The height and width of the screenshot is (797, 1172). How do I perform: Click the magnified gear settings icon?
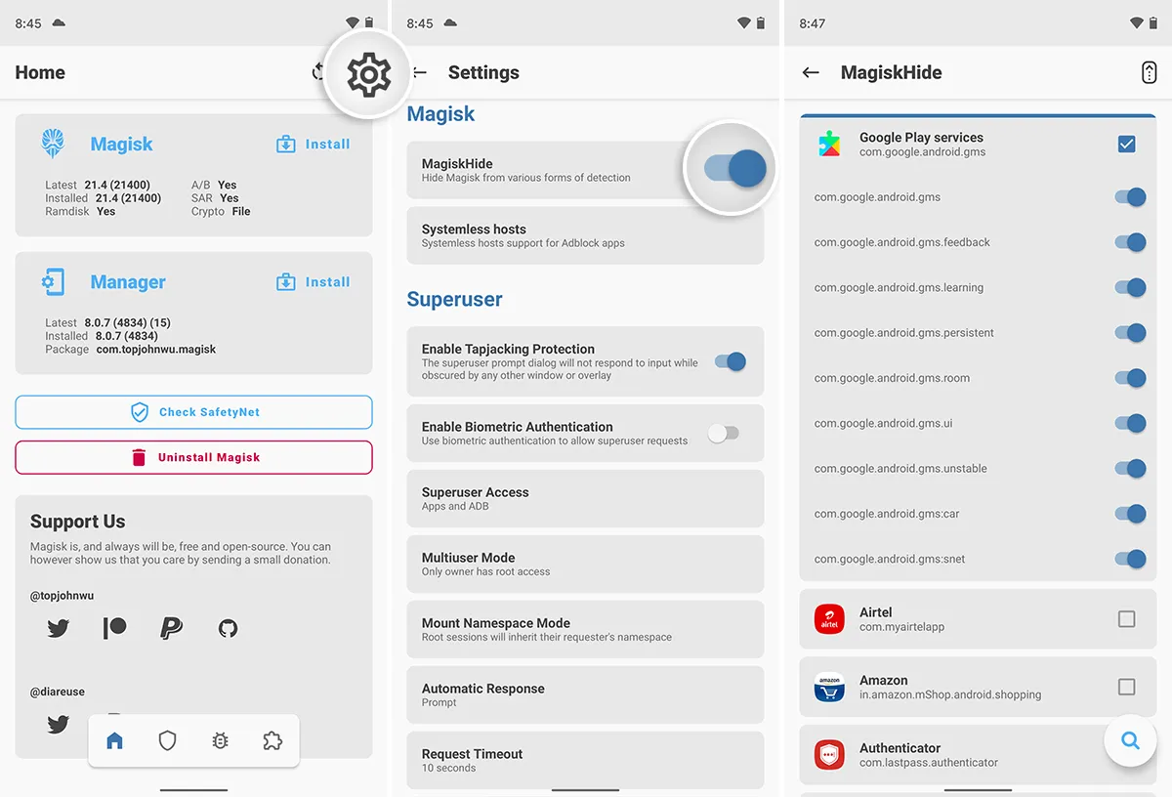point(368,74)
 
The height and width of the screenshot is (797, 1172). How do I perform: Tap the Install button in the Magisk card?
point(314,145)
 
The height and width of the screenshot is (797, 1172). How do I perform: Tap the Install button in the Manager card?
point(314,282)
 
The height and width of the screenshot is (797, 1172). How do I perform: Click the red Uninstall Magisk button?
point(193,457)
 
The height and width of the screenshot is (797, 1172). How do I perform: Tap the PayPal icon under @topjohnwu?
point(171,628)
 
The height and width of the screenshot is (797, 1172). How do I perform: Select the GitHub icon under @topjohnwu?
point(228,628)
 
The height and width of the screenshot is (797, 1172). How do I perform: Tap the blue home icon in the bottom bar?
point(115,741)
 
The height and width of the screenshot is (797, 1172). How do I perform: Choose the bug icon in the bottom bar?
point(220,741)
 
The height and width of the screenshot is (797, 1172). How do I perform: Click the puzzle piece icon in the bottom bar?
point(272,741)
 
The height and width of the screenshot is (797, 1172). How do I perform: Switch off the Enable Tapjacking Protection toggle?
point(730,361)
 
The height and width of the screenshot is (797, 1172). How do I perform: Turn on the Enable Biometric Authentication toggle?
point(724,434)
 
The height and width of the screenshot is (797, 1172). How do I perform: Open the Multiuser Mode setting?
point(584,564)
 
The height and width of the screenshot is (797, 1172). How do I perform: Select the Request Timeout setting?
point(584,760)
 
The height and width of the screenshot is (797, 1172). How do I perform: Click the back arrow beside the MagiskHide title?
point(810,72)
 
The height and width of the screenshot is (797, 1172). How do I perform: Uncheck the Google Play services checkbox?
point(1126,145)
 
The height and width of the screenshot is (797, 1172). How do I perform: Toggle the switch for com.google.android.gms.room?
point(1130,378)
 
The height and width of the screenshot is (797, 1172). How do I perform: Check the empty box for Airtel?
point(1126,619)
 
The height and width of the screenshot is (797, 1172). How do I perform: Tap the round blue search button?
point(1130,741)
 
